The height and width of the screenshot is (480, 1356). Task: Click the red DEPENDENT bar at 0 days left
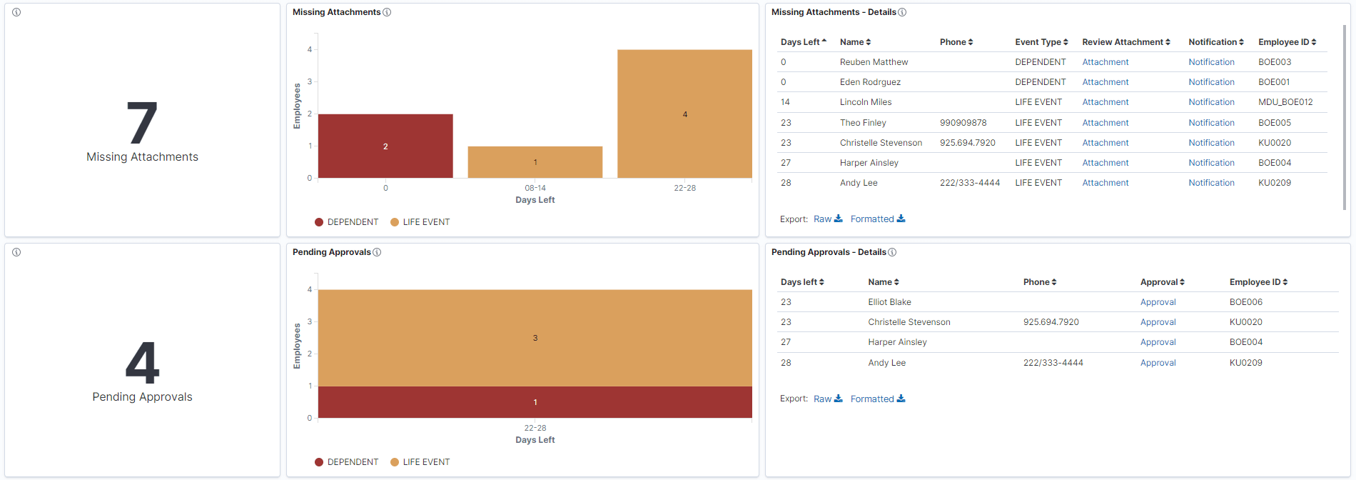[x=385, y=146]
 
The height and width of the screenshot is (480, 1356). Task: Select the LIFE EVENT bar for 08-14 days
[x=535, y=162]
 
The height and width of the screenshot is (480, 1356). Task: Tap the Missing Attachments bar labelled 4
[x=684, y=114]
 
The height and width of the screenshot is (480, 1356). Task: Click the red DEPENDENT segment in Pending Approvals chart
[x=535, y=402]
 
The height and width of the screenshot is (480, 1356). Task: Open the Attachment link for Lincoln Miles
[x=1105, y=102]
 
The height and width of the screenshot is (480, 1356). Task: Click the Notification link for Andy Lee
[x=1211, y=183]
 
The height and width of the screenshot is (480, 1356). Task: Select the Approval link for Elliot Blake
[x=1158, y=302]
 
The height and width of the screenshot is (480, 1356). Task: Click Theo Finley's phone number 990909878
[x=963, y=123]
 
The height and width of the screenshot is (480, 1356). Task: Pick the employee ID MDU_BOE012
[x=1285, y=102]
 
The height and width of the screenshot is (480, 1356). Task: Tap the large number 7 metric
[x=142, y=124]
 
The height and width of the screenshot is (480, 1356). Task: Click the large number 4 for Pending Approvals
[x=142, y=363]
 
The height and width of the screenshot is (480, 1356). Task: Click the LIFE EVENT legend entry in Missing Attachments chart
[x=425, y=222]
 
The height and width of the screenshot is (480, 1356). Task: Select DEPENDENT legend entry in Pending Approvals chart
[x=352, y=462]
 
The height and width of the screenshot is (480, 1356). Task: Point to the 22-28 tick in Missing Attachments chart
[x=684, y=188]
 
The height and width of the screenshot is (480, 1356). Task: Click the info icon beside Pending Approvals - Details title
[x=892, y=252]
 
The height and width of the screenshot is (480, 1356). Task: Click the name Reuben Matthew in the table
[x=874, y=62]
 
